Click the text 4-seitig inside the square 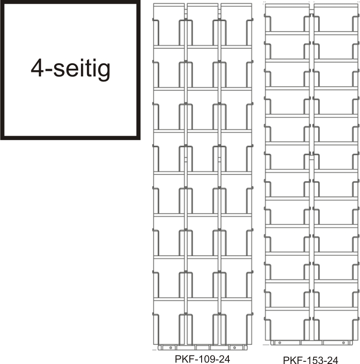pos(71,69)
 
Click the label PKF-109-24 pos(202,359)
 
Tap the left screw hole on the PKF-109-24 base pos(171,348)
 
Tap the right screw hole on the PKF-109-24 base pos(234,348)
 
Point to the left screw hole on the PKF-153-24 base pos(279,343)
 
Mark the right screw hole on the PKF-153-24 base pos(344,343)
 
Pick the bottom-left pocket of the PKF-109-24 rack pos(169,322)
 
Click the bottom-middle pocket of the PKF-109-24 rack pos(203,322)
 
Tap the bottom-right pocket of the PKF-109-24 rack pos(236,322)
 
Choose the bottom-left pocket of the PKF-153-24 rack pos(287,324)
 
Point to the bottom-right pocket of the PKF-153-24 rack pos(336,324)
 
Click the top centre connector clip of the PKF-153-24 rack pos(312,12)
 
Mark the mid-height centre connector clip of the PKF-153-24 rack pos(312,157)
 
